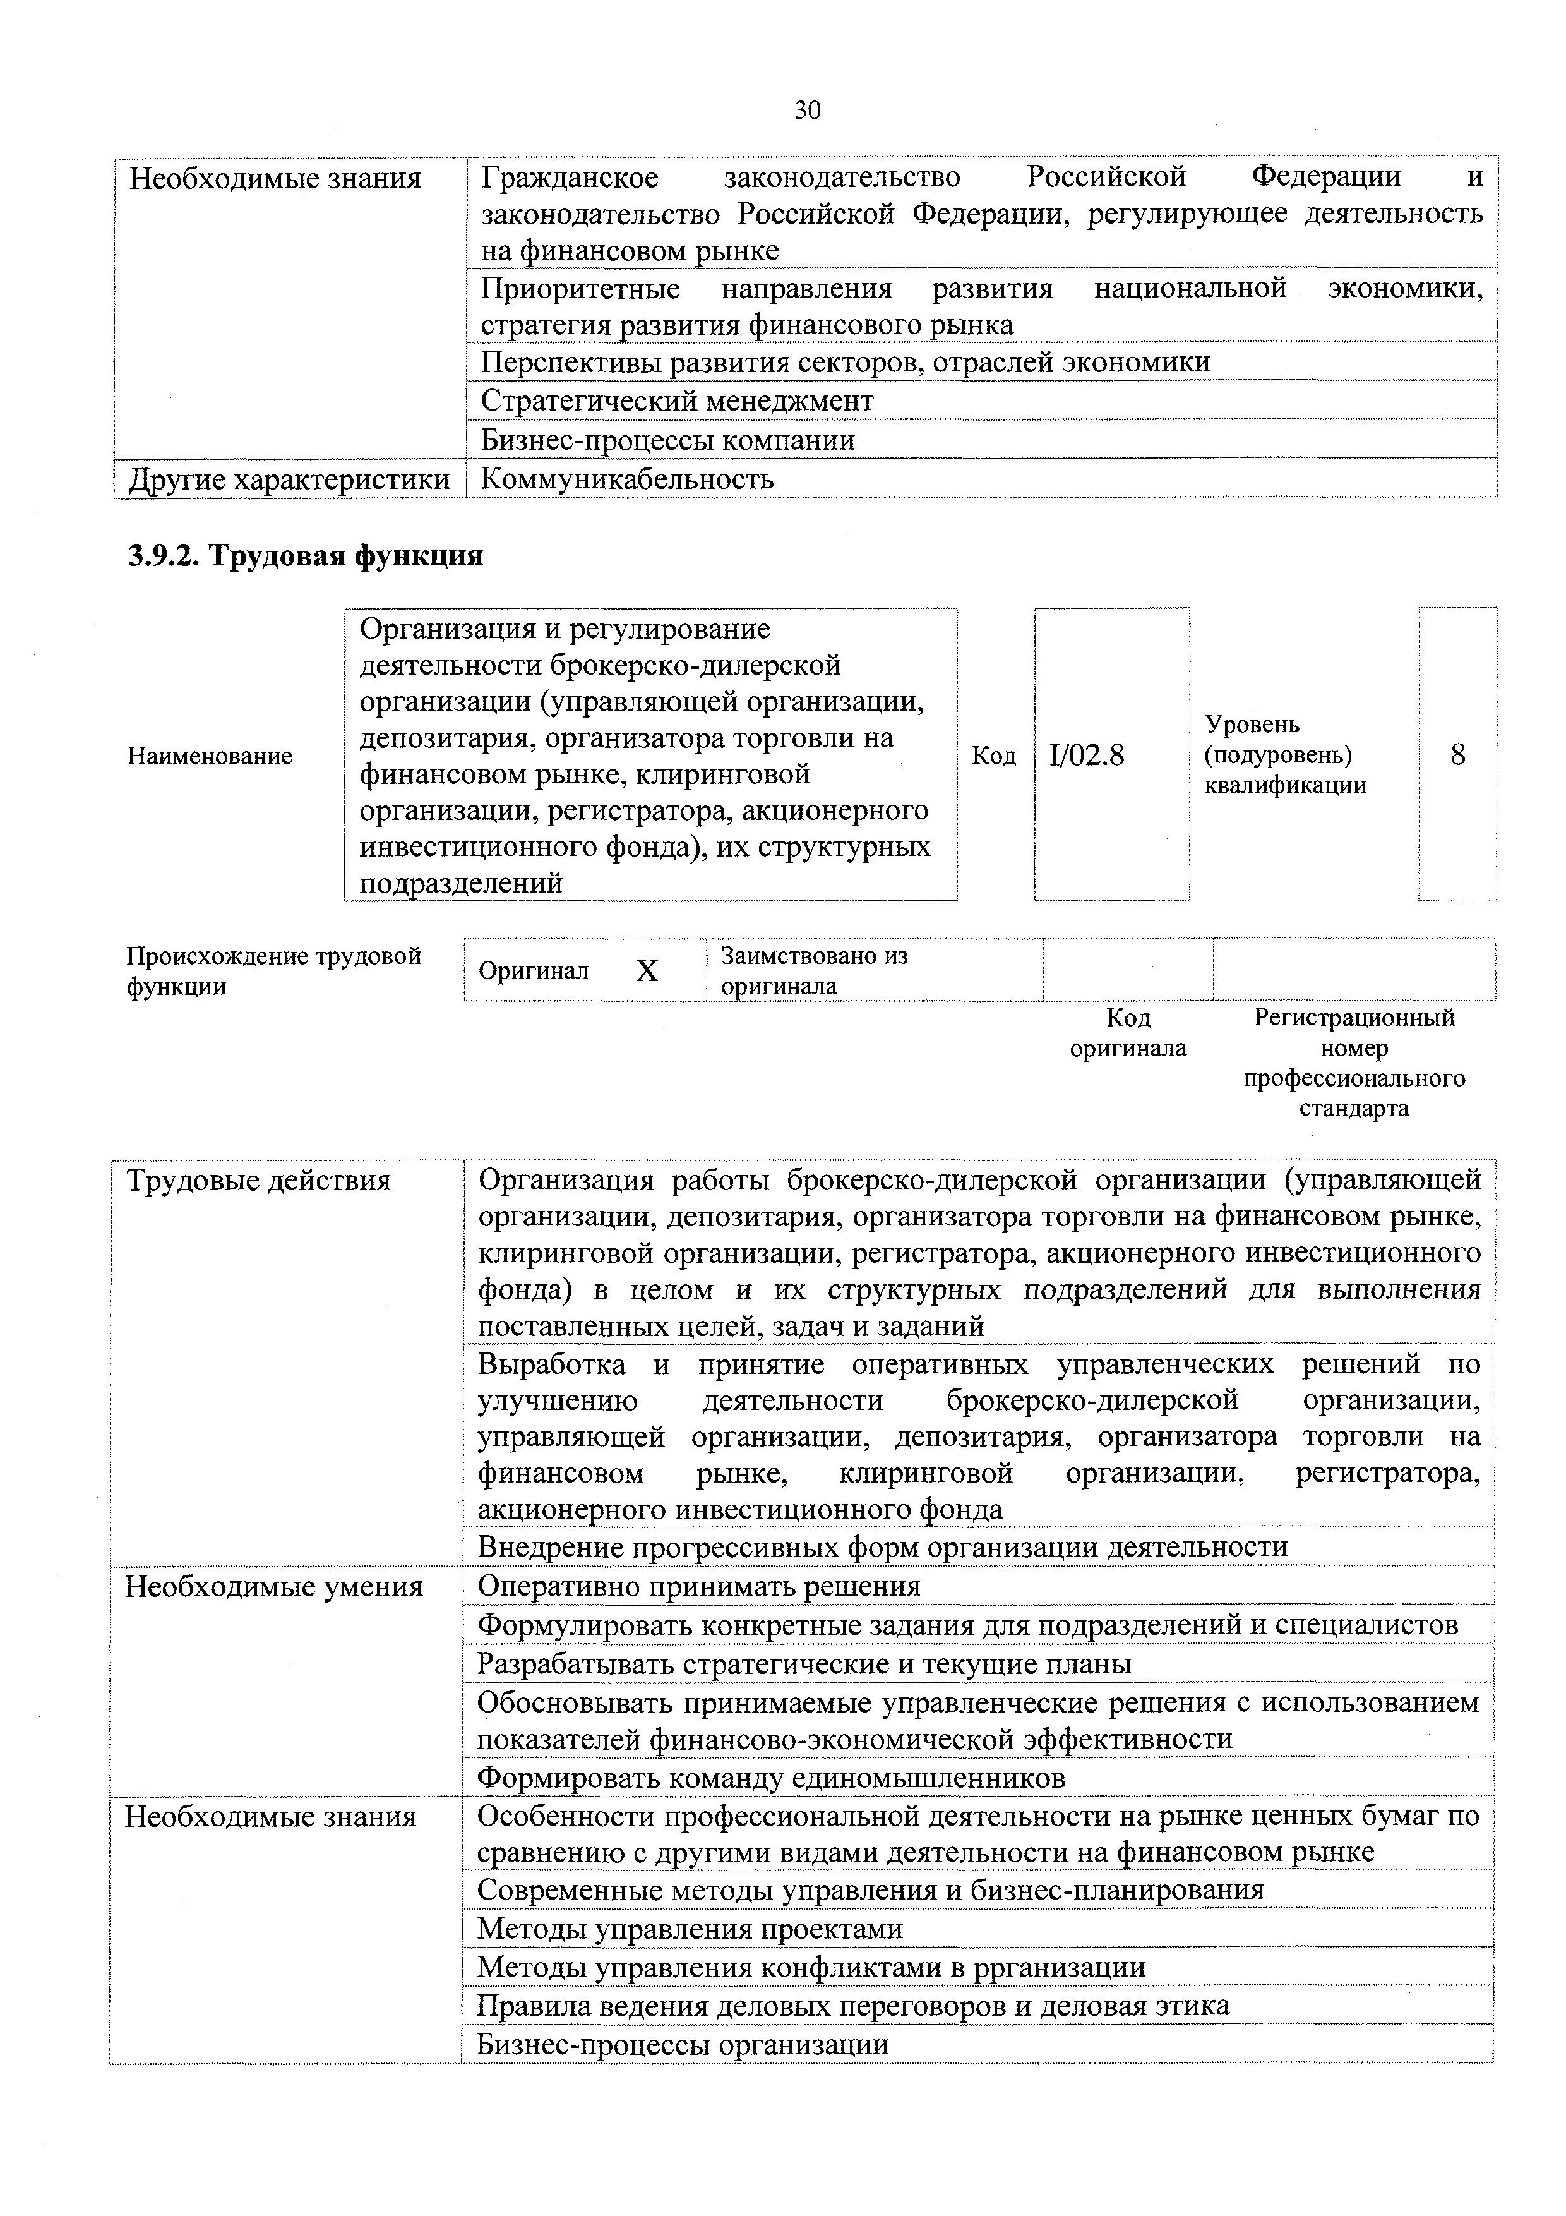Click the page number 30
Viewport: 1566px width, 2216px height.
coord(806,111)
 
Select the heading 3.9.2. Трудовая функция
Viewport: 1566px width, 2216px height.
coord(305,556)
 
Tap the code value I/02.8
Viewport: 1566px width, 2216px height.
coord(1087,755)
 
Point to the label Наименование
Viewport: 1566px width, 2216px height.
coord(210,756)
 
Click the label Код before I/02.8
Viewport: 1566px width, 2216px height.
coord(994,756)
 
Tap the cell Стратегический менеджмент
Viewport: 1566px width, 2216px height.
coord(678,400)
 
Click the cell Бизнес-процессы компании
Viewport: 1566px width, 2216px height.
coord(667,440)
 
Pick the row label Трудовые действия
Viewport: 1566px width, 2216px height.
coord(259,1181)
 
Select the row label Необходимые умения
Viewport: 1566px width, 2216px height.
coord(274,1587)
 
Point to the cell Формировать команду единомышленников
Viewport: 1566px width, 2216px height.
coord(772,1778)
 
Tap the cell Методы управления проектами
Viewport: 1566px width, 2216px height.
coord(690,1929)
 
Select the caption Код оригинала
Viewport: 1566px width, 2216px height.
coord(1127,1033)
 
